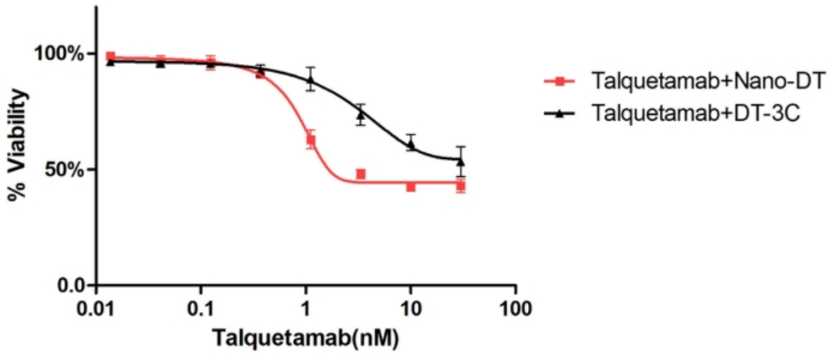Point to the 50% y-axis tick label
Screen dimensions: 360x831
pyautogui.click(x=64, y=169)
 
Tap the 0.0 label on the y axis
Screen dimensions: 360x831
pyautogui.click(x=70, y=286)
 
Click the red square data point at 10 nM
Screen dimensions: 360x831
pyautogui.click(x=411, y=186)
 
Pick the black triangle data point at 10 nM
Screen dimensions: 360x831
pyautogui.click(x=411, y=143)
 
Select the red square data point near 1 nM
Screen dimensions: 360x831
pyautogui.click(x=310, y=140)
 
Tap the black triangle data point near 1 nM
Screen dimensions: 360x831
pyautogui.click(x=310, y=79)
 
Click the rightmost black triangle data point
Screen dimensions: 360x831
pyautogui.click(x=461, y=161)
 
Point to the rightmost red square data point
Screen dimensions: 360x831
pyautogui.click(x=461, y=185)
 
